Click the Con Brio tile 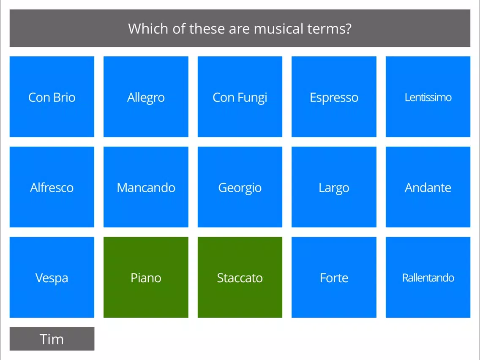(x=52, y=96)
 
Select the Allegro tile (x=146, y=96)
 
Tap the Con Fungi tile (x=240, y=96)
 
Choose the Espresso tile (x=334, y=96)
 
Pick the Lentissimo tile (x=428, y=96)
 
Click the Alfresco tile (x=52, y=187)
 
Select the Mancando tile (x=146, y=187)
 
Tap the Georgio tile (x=240, y=187)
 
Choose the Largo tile (x=334, y=187)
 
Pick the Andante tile (x=428, y=187)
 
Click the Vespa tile (x=52, y=277)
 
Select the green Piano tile (x=146, y=277)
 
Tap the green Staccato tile (x=240, y=277)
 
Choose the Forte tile (x=334, y=277)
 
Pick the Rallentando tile (x=428, y=277)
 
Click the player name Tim (x=52, y=339)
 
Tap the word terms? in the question (x=329, y=28)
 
